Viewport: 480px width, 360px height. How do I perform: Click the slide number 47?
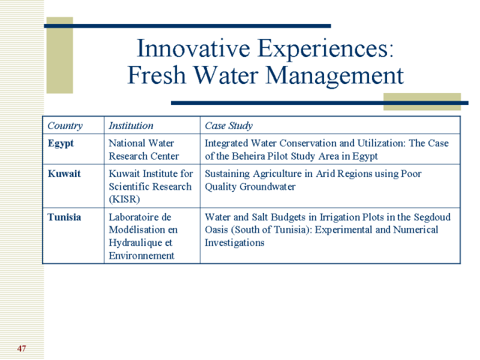coord(22,349)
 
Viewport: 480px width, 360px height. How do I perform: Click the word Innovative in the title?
coord(193,49)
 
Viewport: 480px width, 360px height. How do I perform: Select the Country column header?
coord(65,126)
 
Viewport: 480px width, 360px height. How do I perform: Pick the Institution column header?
coord(131,125)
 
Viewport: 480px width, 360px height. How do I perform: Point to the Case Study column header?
coord(229,126)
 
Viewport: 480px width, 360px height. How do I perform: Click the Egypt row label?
coord(61,143)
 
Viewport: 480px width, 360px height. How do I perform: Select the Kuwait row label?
coord(64,174)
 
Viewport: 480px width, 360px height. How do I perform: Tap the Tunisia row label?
coord(64,217)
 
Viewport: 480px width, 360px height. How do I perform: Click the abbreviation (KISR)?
coord(124,200)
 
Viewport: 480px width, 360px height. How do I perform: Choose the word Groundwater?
coord(268,187)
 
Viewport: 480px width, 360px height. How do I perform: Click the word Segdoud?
coord(432,217)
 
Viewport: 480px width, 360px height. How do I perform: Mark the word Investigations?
coord(235,243)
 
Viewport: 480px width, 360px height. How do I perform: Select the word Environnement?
coord(142,256)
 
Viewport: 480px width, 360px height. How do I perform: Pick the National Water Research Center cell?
coord(144,149)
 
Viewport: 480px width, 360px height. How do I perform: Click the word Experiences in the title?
coord(326,49)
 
